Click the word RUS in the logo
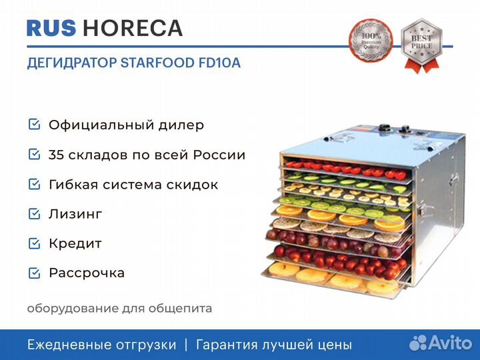pos(52,28)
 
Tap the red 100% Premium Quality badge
pos(371,41)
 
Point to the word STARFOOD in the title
pos(156,63)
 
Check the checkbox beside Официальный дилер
pos(34,125)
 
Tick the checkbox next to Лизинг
pos(34,213)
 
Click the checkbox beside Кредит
pos(34,243)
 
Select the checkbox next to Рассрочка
pos(34,273)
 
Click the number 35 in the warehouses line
pos(57,155)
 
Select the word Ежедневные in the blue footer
pos(69,345)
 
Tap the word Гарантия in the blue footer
pos(226,345)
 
